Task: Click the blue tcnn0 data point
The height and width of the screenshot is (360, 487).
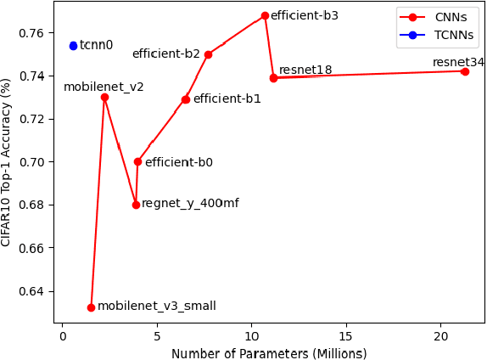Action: click(x=73, y=46)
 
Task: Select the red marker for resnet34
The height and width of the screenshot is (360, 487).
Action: click(x=465, y=71)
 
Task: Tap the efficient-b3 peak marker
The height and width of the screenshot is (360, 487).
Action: click(x=265, y=16)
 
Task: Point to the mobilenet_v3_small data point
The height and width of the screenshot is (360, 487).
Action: click(x=91, y=307)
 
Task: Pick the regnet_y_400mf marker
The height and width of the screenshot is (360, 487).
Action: click(x=136, y=205)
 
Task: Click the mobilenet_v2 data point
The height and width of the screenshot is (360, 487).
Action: click(x=104, y=97)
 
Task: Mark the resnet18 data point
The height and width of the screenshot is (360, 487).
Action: click(x=273, y=78)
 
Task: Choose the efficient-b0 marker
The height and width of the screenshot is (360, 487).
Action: click(x=137, y=161)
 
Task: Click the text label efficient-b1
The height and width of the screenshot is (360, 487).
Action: click(x=227, y=99)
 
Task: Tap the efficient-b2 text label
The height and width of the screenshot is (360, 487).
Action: click(x=166, y=54)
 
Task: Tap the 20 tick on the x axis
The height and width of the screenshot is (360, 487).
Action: click(x=440, y=336)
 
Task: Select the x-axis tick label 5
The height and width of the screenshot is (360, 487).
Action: click(x=157, y=336)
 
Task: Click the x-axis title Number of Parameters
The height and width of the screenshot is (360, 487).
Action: click(x=269, y=352)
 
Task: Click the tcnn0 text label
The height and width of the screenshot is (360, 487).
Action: click(x=96, y=46)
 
